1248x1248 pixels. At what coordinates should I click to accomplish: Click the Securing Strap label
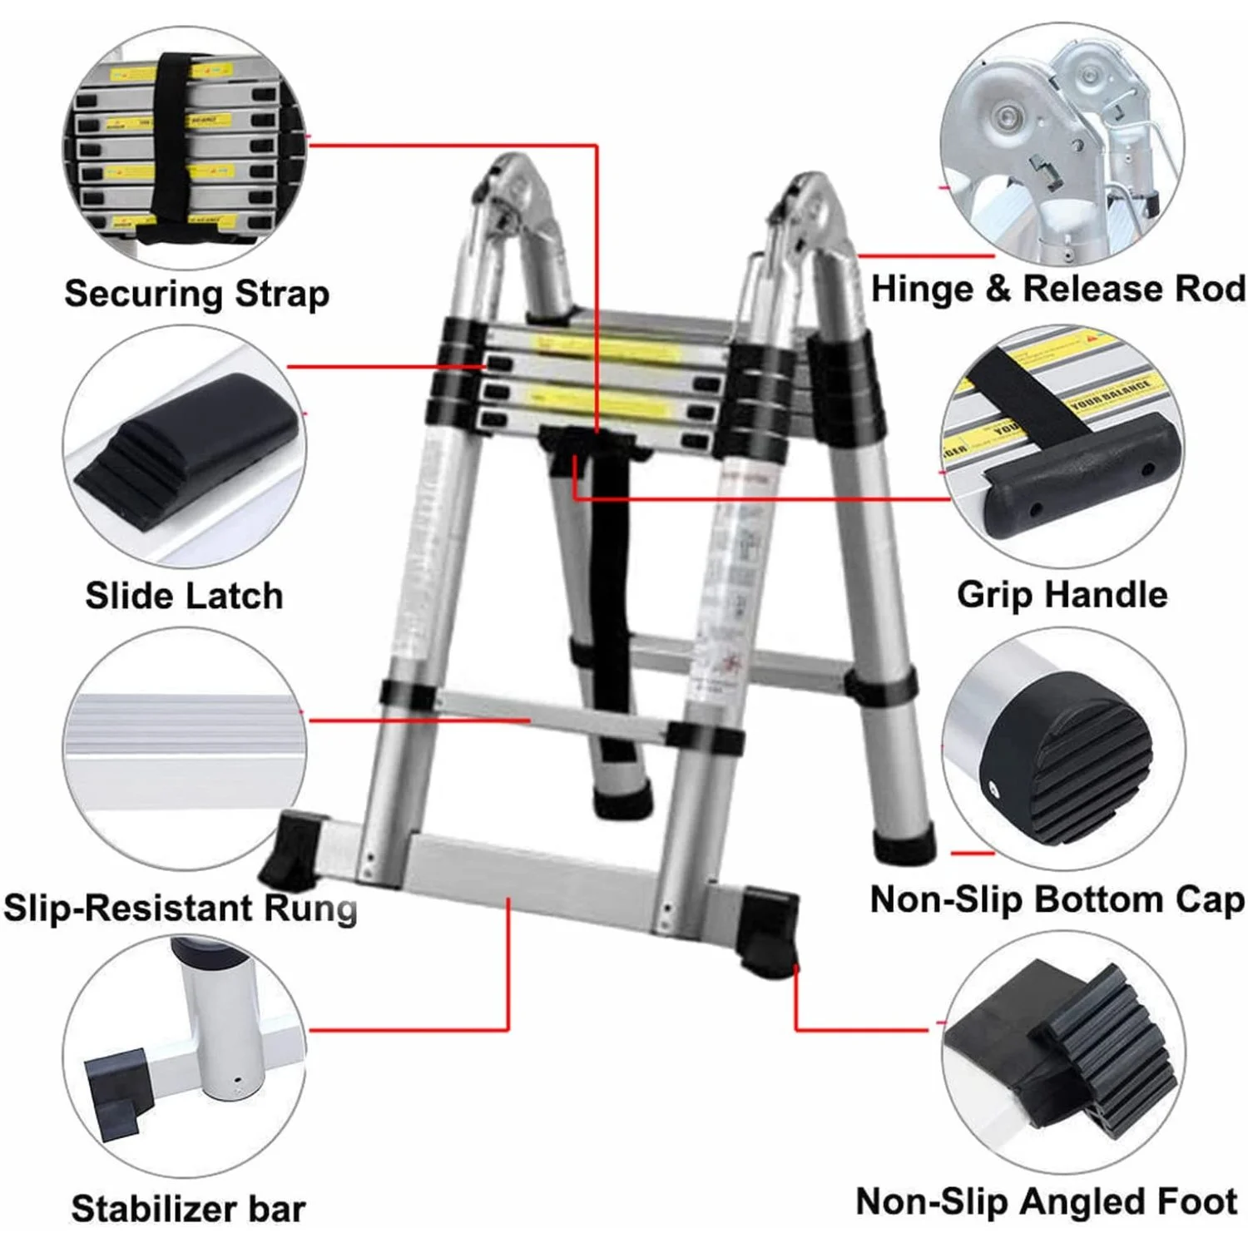(x=196, y=294)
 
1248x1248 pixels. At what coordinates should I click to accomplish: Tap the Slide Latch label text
(x=184, y=596)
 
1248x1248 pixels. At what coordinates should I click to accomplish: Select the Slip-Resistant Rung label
(x=180, y=907)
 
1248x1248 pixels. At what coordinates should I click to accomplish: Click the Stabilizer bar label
(x=188, y=1208)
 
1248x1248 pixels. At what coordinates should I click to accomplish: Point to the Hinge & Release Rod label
(x=1057, y=289)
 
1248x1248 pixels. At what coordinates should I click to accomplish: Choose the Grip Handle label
(x=1062, y=595)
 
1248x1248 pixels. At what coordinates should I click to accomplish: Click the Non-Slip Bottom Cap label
(x=1057, y=899)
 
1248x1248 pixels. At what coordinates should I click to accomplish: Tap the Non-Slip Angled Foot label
(x=1047, y=1201)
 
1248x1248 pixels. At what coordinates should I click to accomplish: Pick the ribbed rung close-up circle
(x=184, y=749)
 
